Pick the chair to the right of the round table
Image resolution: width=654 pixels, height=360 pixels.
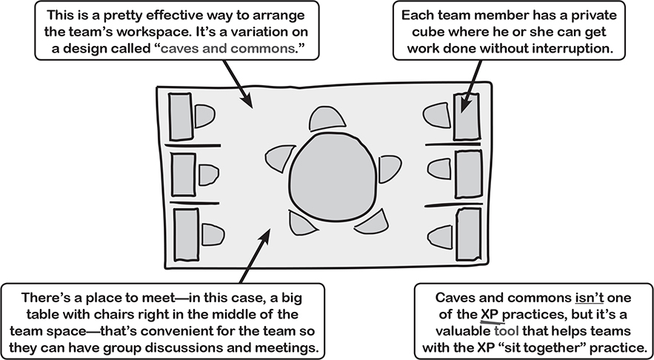click(x=389, y=170)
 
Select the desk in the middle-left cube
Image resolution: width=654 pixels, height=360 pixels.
click(x=182, y=174)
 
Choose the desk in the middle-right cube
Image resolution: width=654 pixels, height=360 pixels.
click(x=468, y=173)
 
